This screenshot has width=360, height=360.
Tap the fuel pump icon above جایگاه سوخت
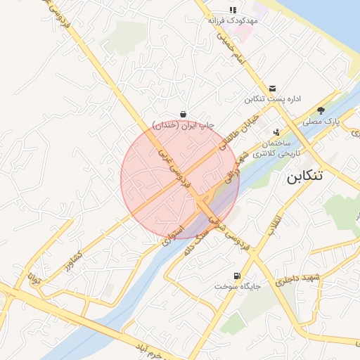[x=236, y=276]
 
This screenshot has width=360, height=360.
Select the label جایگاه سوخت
[x=238, y=287]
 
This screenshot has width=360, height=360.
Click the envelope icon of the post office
[x=272, y=88]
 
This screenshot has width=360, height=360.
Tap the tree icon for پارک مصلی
[x=321, y=110]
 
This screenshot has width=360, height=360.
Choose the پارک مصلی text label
[x=321, y=122]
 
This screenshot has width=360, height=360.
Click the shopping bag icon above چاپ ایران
[x=183, y=114]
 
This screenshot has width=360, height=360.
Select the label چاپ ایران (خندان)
[x=183, y=125]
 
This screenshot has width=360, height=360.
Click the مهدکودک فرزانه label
[x=233, y=21]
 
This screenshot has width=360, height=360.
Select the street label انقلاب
[x=274, y=220]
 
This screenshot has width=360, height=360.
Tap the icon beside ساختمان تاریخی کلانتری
[x=276, y=132]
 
